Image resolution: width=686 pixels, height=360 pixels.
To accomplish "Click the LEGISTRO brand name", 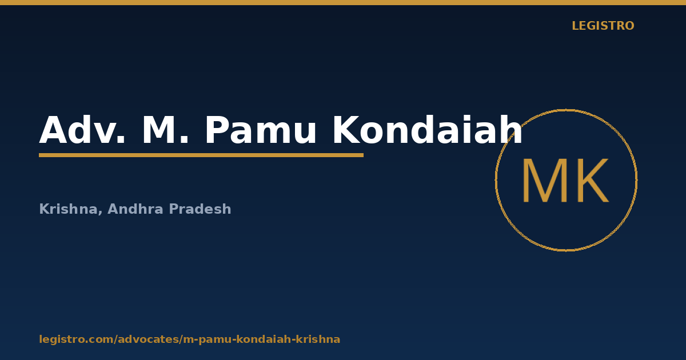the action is click(x=603, y=26).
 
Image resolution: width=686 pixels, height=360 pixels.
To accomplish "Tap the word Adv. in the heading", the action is click(x=82, y=130).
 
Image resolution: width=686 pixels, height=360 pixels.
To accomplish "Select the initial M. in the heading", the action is click(x=165, y=130).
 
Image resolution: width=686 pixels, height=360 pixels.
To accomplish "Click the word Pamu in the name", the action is click(x=261, y=130).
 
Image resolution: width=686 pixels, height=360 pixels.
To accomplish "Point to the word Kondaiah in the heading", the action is click(x=428, y=130).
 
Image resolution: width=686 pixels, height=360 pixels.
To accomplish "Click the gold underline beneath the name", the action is click(x=201, y=155).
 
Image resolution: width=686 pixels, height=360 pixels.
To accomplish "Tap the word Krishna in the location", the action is click(x=68, y=209).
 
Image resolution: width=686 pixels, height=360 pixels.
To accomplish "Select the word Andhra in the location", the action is click(x=135, y=209).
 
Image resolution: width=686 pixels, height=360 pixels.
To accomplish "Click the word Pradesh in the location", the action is click(x=200, y=209).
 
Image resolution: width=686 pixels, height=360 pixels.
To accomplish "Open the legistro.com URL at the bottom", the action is click(x=190, y=339).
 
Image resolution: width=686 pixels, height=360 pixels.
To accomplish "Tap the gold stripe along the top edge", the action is click(x=343, y=2).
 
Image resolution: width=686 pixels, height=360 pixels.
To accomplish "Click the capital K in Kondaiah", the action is click(x=346, y=130).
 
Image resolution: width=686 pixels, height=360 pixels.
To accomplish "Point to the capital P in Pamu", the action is click(x=217, y=130).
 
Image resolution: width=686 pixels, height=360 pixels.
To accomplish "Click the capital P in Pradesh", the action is click(x=173, y=209).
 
